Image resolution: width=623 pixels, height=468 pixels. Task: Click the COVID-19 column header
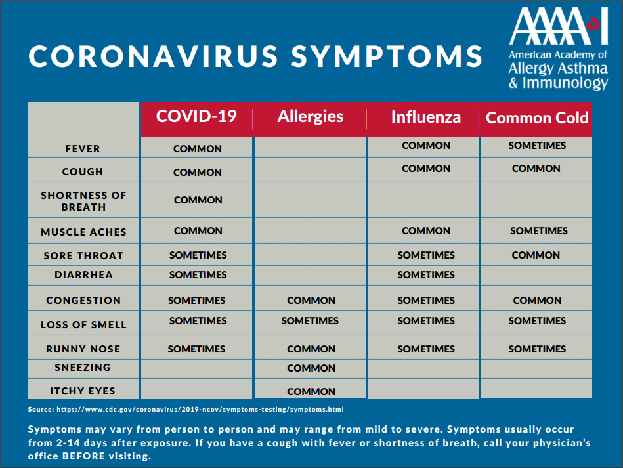(x=196, y=116)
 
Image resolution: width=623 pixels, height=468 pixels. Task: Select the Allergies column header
(x=311, y=116)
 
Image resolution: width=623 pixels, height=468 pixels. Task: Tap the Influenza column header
(x=426, y=117)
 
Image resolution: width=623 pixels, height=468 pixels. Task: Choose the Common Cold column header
(x=537, y=117)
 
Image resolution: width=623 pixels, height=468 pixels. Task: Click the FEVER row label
(x=83, y=149)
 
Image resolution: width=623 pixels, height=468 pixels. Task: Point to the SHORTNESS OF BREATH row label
(x=83, y=202)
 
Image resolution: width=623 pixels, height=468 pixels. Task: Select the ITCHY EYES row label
(x=83, y=391)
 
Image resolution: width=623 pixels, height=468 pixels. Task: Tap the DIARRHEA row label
(x=83, y=275)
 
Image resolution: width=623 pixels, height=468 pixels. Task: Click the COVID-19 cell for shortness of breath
(x=198, y=200)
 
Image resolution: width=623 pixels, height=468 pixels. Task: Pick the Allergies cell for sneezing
(x=311, y=368)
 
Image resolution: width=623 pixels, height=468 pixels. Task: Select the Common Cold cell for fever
(x=537, y=146)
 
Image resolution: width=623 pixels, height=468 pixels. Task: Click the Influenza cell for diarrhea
(x=426, y=275)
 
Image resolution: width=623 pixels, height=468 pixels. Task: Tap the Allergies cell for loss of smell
(x=310, y=321)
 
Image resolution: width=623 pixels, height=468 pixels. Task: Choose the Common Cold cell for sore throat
(x=536, y=255)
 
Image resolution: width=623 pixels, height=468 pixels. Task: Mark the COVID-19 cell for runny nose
(x=196, y=349)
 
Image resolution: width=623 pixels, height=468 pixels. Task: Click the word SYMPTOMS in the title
(x=387, y=56)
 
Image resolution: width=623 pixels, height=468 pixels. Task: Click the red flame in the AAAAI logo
(x=593, y=23)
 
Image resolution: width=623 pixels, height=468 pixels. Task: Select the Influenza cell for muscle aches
(x=426, y=231)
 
